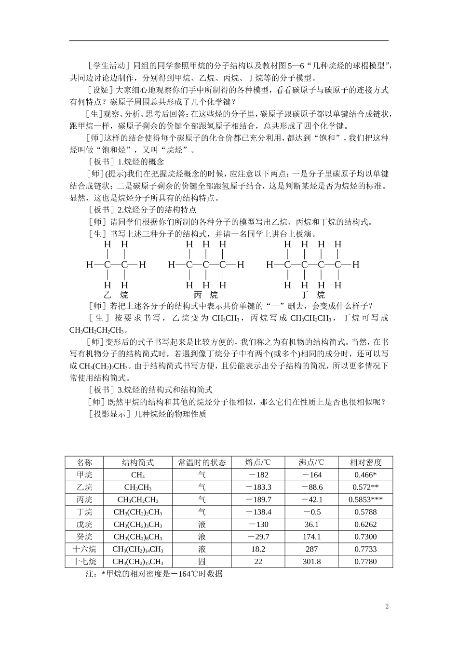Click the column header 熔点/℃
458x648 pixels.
pos(258,462)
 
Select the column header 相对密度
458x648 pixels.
pos(365,462)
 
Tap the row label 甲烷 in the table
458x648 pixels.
pos(84,475)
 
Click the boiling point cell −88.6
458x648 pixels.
pos(311,487)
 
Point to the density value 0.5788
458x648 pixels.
pos(365,512)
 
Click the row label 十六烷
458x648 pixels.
pos(84,549)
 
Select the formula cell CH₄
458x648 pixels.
pos(138,475)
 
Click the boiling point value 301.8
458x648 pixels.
pos(311,562)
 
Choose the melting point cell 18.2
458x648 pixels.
pos(258,549)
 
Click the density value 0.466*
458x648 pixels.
pos(365,475)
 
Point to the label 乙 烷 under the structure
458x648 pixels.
pos(116,295)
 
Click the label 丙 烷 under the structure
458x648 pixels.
pos(205,295)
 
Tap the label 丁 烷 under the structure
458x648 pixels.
pos(312,295)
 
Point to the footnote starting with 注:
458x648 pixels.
pos(154,574)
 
